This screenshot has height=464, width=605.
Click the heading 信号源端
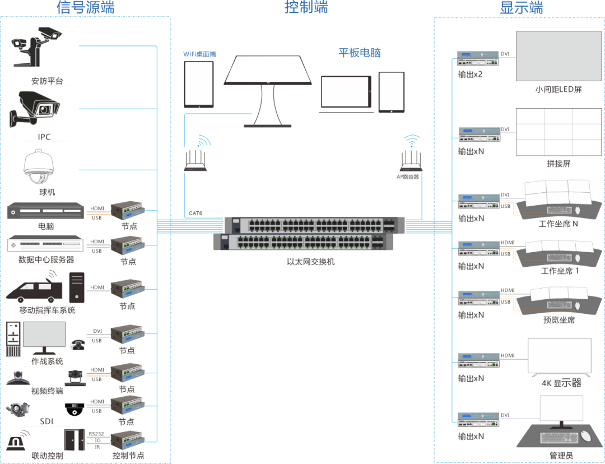[x=86, y=8]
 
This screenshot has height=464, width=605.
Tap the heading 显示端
[x=521, y=8]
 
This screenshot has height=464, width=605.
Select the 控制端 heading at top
[x=306, y=8]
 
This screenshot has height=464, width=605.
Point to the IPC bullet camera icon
[x=34, y=108]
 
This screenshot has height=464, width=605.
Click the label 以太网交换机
[x=310, y=261]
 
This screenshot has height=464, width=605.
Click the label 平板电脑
[x=360, y=53]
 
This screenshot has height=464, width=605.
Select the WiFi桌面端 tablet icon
[x=199, y=84]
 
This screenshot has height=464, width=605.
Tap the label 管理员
[x=561, y=455]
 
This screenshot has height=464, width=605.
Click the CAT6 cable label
[x=195, y=213]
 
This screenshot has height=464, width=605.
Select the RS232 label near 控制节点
[x=96, y=434]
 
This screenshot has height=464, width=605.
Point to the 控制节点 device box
[x=127, y=440]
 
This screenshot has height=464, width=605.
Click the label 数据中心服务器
[x=46, y=260]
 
